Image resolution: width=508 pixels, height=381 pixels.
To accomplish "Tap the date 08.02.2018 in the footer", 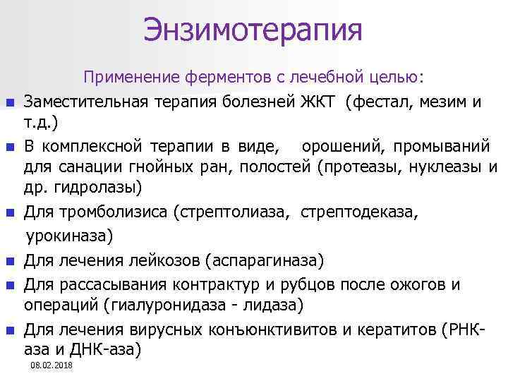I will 52,365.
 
